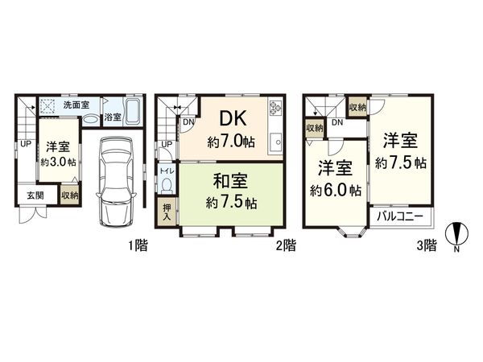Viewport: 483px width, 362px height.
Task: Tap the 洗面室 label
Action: (76, 105)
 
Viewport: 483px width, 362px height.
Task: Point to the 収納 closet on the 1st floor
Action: (70, 195)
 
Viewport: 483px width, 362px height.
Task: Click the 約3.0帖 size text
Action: (58, 162)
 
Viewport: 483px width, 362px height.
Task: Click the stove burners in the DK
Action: (275, 108)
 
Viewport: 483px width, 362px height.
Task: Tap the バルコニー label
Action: (402, 217)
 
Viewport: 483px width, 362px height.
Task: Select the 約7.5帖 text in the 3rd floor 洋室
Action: (400, 162)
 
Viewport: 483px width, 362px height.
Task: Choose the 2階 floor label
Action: (285, 245)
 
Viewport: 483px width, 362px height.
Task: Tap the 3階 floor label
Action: (426, 245)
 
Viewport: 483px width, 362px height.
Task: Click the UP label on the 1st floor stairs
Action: (26, 145)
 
